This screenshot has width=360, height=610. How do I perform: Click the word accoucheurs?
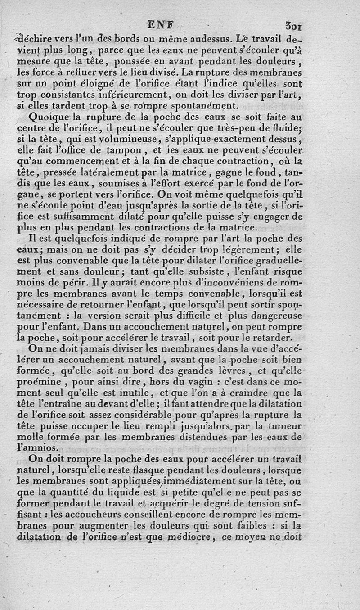(117, 514)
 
